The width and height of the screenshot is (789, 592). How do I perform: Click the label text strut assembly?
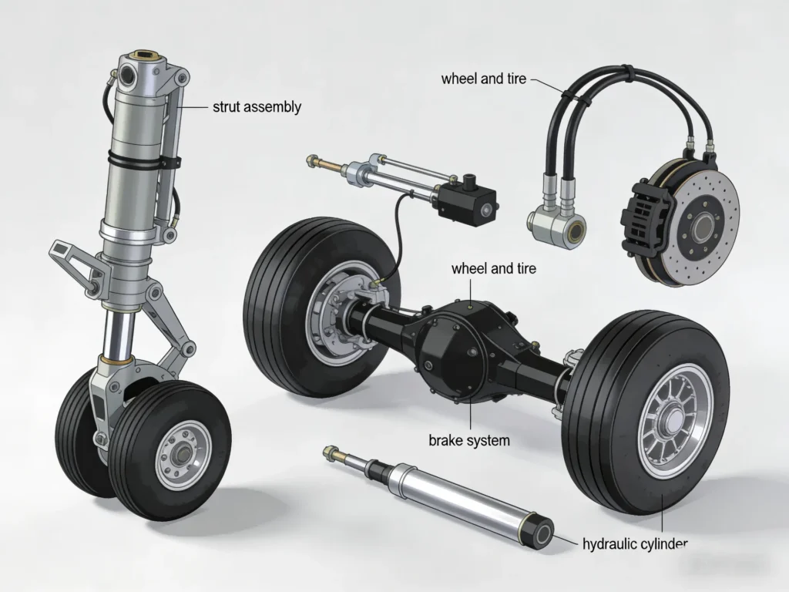257,107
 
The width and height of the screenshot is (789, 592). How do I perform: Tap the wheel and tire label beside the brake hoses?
483,79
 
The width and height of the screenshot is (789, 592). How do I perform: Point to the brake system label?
468,440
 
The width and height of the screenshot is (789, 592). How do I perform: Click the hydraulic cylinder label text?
631,544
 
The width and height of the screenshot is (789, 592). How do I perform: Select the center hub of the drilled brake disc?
702,226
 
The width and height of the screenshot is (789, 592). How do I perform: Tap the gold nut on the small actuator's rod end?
312,161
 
